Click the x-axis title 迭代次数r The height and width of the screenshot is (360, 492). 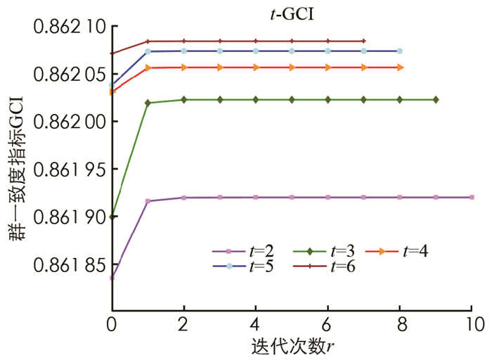292,347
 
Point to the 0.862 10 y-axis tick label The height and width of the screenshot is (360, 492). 63,27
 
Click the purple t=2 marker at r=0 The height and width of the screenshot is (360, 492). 112,278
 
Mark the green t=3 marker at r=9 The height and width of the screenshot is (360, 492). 436,100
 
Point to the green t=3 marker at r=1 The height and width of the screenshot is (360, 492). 148,103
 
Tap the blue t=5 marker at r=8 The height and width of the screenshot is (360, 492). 400,51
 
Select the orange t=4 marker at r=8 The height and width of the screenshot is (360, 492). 400,67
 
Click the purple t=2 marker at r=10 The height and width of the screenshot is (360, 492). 472,198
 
